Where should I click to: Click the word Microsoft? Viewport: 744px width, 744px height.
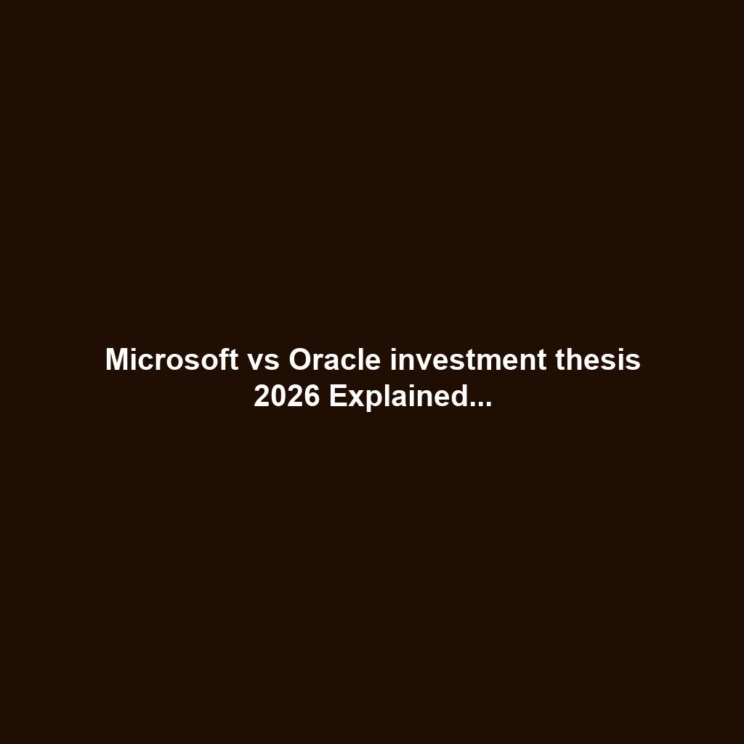click(171, 360)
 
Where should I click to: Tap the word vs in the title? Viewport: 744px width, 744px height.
click(264, 360)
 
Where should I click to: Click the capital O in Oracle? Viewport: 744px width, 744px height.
click(300, 360)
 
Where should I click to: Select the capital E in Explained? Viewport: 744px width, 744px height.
click(336, 397)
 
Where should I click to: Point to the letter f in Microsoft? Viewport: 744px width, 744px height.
click(222, 360)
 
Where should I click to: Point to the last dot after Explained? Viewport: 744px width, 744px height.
click(489, 404)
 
